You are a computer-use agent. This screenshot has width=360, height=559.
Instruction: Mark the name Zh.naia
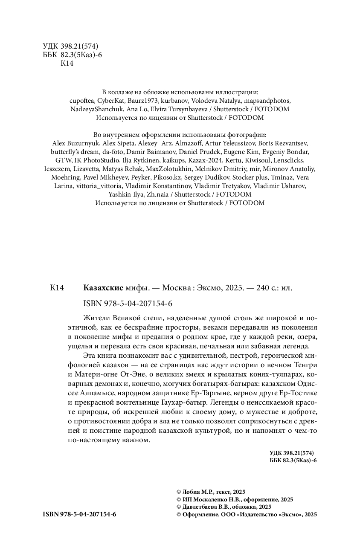tap(155, 194)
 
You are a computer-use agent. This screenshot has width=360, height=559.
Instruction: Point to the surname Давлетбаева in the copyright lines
tap(200, 507)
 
